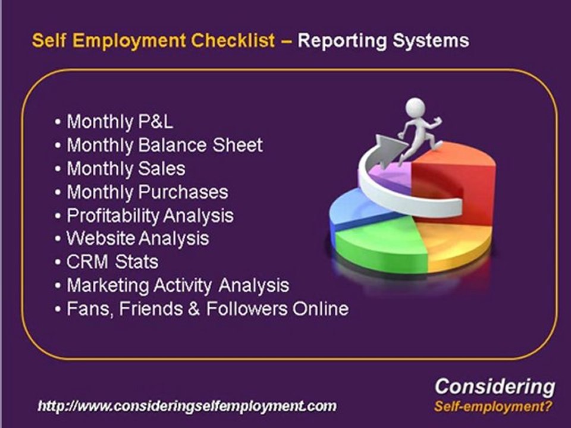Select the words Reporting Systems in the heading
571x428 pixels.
[x=382, y=41]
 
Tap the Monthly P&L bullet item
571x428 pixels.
[x=120, y=122]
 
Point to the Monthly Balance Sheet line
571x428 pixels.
[x=164, y=145]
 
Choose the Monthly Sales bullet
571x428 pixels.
[x=126, y=168]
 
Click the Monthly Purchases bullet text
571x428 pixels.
[x=147, y=192]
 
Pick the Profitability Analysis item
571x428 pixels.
[x=150, y=215]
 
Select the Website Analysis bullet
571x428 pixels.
[x=137, y=238]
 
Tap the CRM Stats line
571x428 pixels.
[x=112, y=262]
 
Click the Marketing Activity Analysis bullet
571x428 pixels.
[x=178, y=285]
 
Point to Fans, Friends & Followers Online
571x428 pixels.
[x=207, y=309]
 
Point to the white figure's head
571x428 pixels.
[x=414, y=109]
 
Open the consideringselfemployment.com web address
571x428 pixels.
[x=187, y=407]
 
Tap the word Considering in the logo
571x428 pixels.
[x=494, y=386]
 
